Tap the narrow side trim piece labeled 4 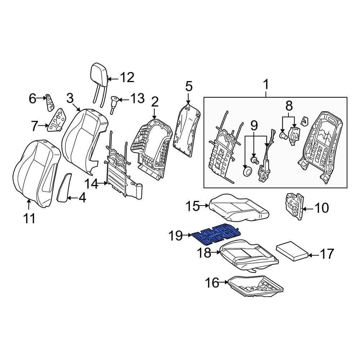64,187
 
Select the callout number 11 30,218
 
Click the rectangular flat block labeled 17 292,252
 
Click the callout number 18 204,253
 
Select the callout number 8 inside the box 289,106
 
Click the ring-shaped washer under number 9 247,172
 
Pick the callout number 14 91,184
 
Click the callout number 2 154,102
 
